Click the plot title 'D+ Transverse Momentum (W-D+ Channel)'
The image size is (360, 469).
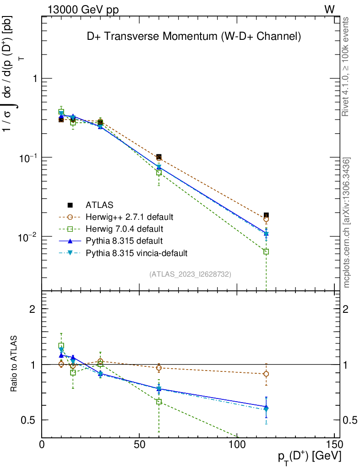pos(194,37)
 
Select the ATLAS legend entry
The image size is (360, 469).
pos(99,204)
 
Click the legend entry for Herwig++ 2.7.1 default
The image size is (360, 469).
pos(129,216)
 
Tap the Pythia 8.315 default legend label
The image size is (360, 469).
pos(124,240)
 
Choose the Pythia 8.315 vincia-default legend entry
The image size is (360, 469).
pos(136,252)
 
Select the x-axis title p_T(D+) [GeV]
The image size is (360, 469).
pos(310,457)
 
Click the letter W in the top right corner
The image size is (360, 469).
pos(329,9)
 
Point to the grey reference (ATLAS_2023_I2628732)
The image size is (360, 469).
pos(190,274)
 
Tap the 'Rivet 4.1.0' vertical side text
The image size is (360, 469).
pos(346,67)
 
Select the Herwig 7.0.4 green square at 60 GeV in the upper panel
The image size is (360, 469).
pos(159,173)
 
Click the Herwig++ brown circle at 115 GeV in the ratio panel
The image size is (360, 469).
pos(266,374)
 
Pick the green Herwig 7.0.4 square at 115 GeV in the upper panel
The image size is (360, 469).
pos(266,251)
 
